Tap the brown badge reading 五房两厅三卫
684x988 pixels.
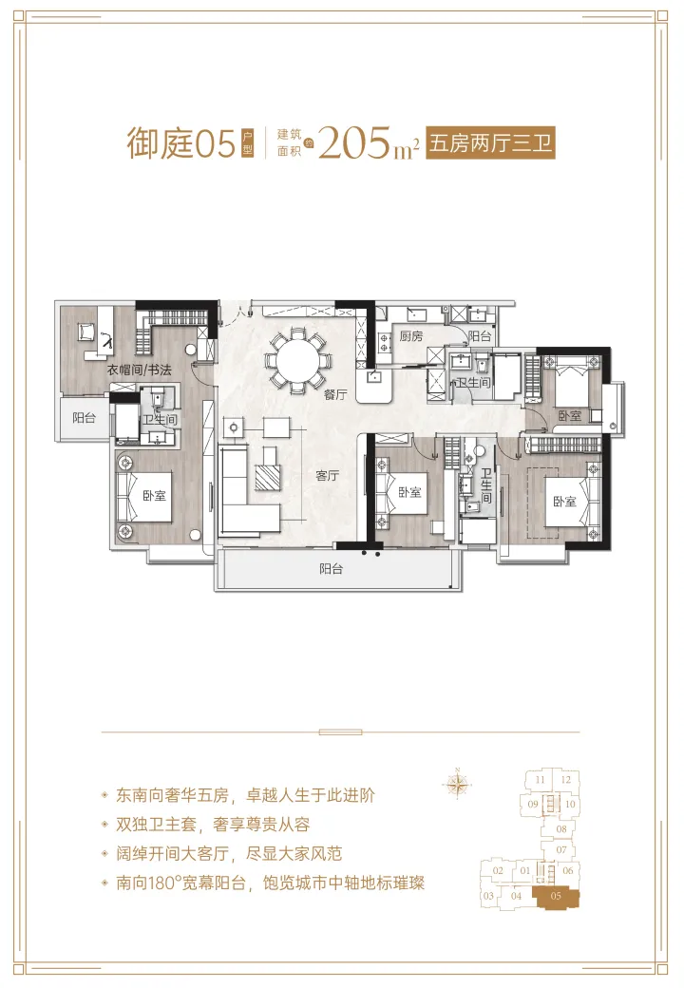(x=490, y=144)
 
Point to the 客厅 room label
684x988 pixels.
(x=327, y=476)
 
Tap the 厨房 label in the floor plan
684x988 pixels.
(x=409, y=336)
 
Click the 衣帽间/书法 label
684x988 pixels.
(x=139, y=370)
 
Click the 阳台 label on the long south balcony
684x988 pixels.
(x=331, y=570)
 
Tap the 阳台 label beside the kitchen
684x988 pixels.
(x=480, y=336)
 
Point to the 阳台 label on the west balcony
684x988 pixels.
(x=85, y=417)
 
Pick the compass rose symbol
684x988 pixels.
(x=458, y=784)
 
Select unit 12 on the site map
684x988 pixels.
(x=565, y=781)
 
